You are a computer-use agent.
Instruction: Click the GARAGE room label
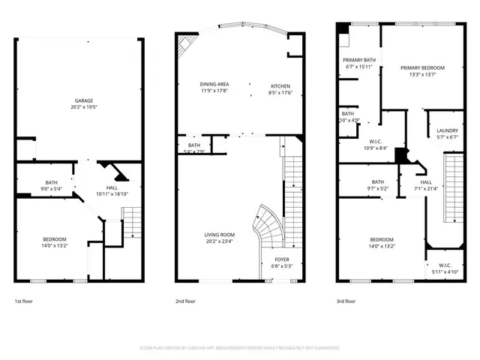click(x=83, y=100)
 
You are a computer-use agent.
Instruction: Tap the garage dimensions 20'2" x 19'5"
click(x=83, y=106)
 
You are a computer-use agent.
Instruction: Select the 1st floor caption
click(x=23, y=301)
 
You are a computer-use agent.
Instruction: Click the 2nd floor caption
click(x=185, y=301)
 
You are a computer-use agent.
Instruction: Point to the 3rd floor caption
click(x=346, y=301)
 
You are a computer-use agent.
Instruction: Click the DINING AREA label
click(x=214, y=84)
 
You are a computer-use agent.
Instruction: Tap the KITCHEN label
click(x=280, y=85)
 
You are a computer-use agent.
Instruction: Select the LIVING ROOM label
click(x=220, y=235)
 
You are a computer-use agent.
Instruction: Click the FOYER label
click(x=281, y=259)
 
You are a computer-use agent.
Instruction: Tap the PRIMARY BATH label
click(x=359, y=60)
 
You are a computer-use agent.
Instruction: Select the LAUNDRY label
click(x=447, y=130)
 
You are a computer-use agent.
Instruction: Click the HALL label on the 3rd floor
click(x=425, y=181)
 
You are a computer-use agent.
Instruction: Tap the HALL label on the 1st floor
click(x=112, y=187)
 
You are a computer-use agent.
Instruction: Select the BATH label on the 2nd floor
click(x=194, y=145)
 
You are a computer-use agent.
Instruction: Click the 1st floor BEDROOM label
click(x=54, y=238)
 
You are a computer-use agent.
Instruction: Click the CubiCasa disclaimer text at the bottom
click(x=240, y=348)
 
